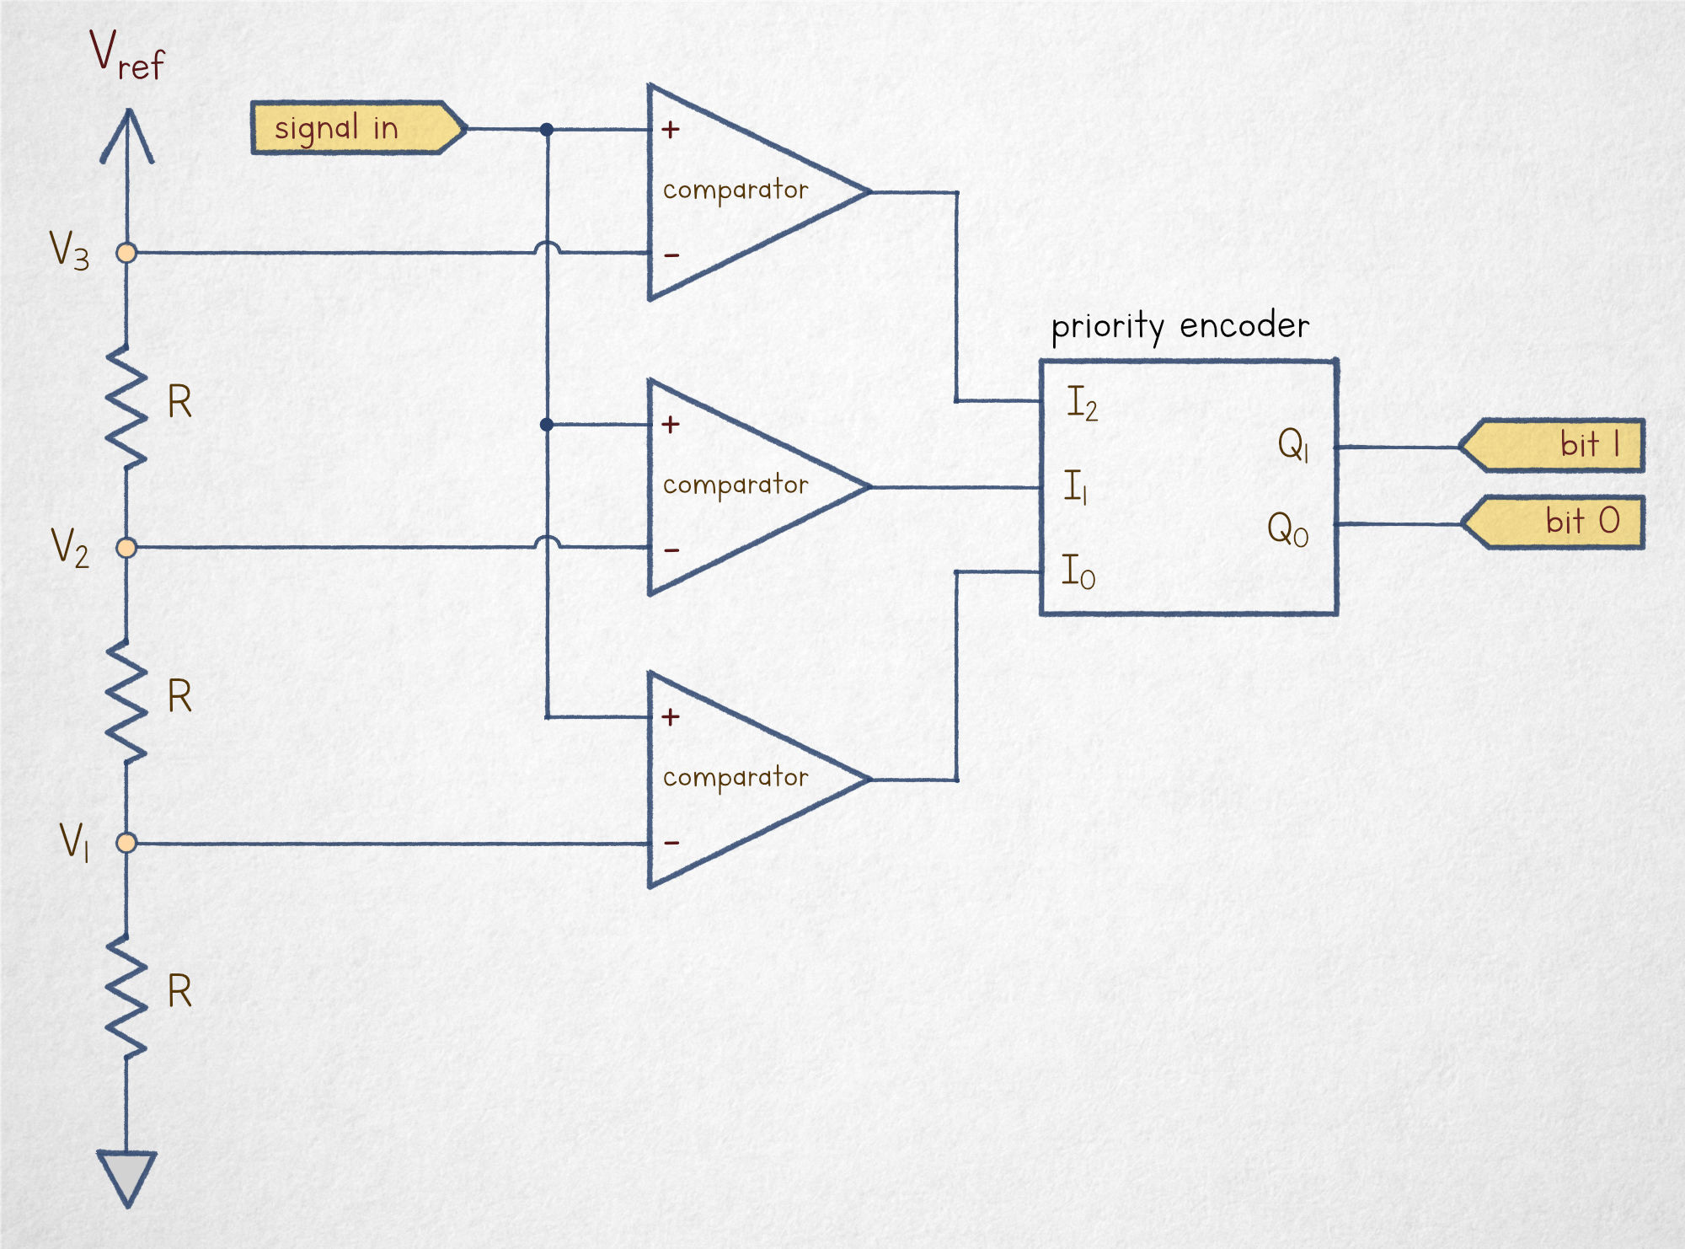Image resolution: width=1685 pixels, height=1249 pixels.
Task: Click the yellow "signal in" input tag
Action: point(356,128)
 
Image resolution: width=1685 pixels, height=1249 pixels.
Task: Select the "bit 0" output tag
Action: point(1554,523)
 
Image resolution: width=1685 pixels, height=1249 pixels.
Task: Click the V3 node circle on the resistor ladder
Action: point(126,252)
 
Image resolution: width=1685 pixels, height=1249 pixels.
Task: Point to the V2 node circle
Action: point(126,548)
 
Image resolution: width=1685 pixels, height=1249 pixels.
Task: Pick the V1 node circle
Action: point(126,842)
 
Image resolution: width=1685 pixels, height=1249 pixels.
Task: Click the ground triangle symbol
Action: point(127,1176)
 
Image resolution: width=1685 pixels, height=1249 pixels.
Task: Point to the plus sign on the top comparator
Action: point(671,129)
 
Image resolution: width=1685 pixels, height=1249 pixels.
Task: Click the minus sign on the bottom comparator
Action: point(671,842)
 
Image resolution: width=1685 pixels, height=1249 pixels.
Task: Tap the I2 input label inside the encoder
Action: point(1082,403)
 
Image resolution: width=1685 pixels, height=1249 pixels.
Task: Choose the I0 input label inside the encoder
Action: point(1078,572)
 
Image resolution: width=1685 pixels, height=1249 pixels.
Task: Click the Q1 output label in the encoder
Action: point(1293,444)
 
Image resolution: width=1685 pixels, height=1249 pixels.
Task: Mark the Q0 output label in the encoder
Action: point(1287,529)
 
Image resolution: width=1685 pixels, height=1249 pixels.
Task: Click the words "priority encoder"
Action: point(1179,325)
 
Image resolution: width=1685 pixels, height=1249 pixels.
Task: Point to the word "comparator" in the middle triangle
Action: point(735,485)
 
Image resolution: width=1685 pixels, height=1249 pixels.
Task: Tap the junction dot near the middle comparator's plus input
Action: point(547,425)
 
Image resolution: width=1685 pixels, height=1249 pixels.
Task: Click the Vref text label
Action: point(126,56)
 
